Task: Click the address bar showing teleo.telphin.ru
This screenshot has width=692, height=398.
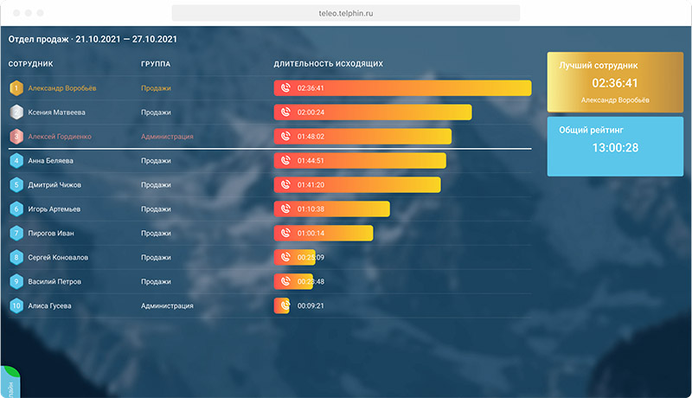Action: tap(346, 13)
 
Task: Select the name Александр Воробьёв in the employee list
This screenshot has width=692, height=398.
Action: tap(62, 88)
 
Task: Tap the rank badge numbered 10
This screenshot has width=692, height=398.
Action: tap(16, 305)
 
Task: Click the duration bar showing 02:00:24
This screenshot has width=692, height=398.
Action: tap(372, 112)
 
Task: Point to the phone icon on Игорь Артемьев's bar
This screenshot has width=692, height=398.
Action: tap(285, 209)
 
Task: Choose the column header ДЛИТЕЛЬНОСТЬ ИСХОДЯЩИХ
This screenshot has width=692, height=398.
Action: tap(328, 64)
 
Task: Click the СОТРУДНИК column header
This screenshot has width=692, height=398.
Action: tap(31, 64)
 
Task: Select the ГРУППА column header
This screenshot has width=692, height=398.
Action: tap(155, 64)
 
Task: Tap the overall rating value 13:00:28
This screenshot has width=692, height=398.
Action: tap(614, 148)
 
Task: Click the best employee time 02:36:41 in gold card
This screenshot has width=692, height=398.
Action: tap(614, 83)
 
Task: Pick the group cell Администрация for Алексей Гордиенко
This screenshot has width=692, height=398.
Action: tap(167, 137)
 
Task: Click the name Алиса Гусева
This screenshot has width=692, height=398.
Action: tap(49, 305)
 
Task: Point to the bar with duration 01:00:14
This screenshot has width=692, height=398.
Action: tap(323, 233)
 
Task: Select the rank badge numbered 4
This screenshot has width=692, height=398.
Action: tap(16, 161)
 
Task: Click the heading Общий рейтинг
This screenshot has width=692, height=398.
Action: tap(591, 130)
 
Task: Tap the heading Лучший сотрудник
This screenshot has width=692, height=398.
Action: tap(599, 65)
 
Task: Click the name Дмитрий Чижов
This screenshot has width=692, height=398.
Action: tap(54, 184)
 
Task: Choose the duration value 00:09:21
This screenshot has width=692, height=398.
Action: tap(311, 305)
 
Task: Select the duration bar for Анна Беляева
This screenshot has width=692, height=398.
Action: tap(359, 161)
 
